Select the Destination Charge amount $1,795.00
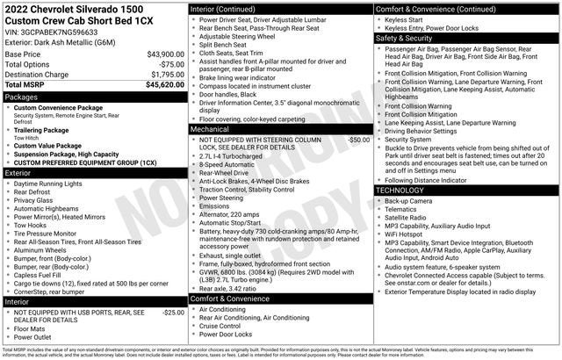point(164,75)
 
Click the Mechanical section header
point(212,128)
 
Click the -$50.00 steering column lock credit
point(358,140)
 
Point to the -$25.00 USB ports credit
point(173,312)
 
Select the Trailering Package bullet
point(45,129)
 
